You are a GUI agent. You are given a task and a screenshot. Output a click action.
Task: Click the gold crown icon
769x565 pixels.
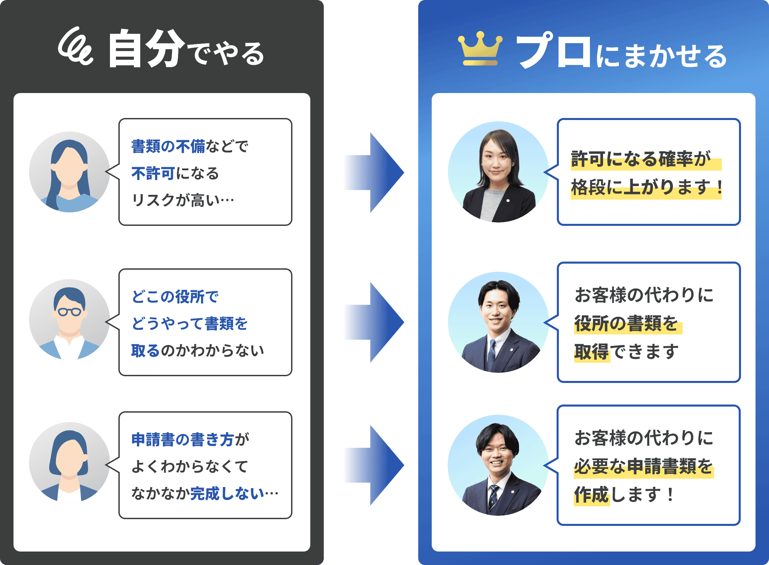(480, 49)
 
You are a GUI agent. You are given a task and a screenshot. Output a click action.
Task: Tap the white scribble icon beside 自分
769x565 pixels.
(75, 47)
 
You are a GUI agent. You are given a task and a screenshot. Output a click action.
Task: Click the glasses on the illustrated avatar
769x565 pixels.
(69, 311)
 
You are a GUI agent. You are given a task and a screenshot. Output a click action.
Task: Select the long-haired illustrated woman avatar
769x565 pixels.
(69, 172)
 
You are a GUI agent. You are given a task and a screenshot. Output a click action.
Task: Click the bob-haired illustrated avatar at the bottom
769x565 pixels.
(69, 463)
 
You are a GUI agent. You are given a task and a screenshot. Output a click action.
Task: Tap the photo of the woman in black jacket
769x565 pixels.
(498, 172)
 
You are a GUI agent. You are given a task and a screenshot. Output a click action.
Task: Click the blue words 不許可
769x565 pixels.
(153, 173)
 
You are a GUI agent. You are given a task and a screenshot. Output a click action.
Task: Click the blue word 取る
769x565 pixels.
(145, 351)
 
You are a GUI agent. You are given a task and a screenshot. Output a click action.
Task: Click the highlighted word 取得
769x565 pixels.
(591, 352)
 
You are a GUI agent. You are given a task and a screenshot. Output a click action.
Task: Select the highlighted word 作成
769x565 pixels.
(591, 495)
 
